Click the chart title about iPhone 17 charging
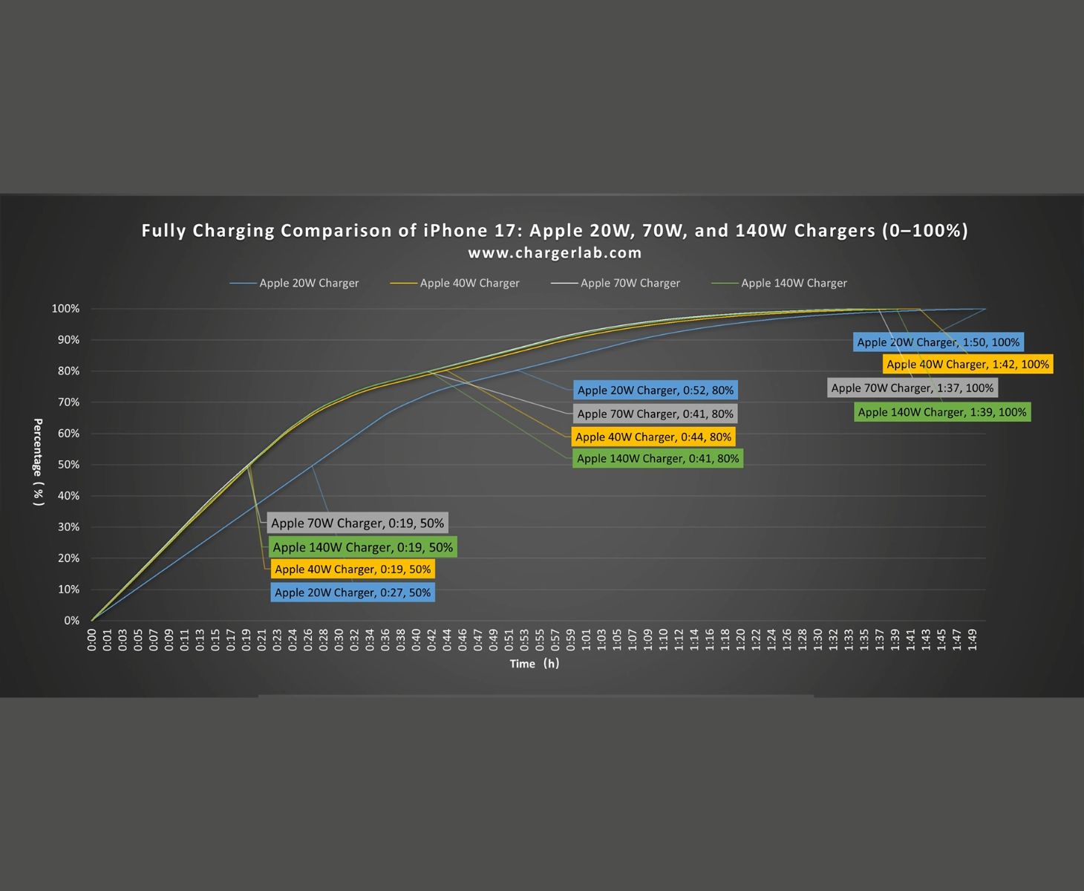coord(555,231)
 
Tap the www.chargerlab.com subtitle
coord(555,253)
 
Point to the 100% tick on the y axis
coord(65,309)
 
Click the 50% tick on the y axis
coord(68,465)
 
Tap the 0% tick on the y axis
coord(71,621)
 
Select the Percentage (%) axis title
coord(39,462)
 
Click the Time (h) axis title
coord(534,664)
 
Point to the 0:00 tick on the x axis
coord(92,640)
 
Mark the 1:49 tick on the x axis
coord(973,640)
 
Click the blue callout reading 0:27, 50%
coord(353,593)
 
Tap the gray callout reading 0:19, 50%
coord(357,523)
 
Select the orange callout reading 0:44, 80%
coord(653,437)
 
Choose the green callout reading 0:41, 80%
coord(658,458)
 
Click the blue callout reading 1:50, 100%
coord(938,342)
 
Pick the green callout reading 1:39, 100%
coord(942,412)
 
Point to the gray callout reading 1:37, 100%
coord(912,388)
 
